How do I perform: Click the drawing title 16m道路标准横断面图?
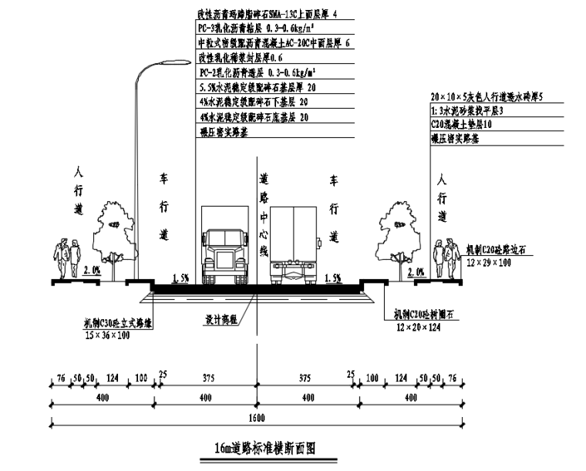pyautogui.click(x=265, y=448)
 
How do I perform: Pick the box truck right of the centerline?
pyautogui.click(x=294, y=245)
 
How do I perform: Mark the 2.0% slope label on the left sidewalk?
pyautogui.click(x=91, y=271)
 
